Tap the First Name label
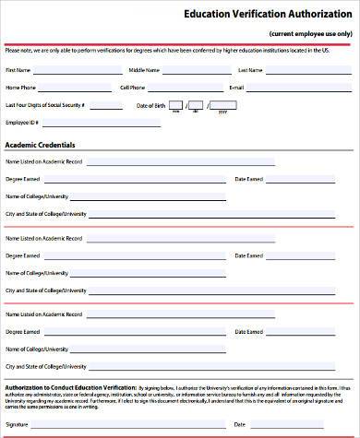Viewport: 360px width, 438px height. click(18, 70)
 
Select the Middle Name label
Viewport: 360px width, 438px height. click(143, 70)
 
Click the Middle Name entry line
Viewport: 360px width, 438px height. click(194, 72)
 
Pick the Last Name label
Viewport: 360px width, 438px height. click(250, 70)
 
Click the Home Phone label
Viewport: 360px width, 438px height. click(20, 88)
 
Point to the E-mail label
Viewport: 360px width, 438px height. click(235, 88)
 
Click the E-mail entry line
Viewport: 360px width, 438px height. click(300, 89)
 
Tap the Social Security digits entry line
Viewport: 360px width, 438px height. click(104, 107)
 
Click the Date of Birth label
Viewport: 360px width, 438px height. click(150, 105)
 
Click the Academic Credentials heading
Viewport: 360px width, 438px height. click(41, 145)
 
